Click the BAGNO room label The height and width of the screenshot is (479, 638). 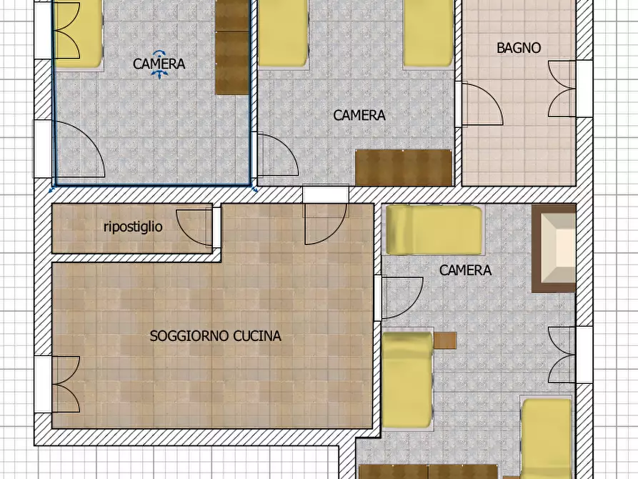[x=519, y=49]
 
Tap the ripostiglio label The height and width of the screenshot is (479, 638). [x=133, y=227]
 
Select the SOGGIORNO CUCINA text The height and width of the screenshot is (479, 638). [x=215, y=336]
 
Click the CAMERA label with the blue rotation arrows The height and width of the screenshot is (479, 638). [x=159, y=64]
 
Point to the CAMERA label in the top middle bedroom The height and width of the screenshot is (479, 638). [x=359, y=114]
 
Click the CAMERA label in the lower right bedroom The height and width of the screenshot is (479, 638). [x=465, y=270]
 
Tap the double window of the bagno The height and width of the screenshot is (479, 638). [x=562, y=89]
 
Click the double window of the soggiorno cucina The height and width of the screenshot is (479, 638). [x=64, y=384]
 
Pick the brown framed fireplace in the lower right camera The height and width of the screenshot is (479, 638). [x=554, y=248]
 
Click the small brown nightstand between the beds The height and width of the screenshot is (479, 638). [x=444, y=340]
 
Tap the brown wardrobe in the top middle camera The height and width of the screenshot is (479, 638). [x=404, y=167]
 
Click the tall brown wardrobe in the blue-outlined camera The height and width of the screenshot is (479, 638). [x=231, y=47]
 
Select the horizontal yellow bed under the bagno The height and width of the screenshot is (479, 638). [x=434, y=229]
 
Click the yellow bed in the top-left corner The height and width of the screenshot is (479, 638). [x=79, y=33]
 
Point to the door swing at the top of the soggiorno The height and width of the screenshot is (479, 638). [x=324, y=222]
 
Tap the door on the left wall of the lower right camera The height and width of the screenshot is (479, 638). [x=401, y=297]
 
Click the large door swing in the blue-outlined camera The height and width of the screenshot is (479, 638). [x=79, y=150]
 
